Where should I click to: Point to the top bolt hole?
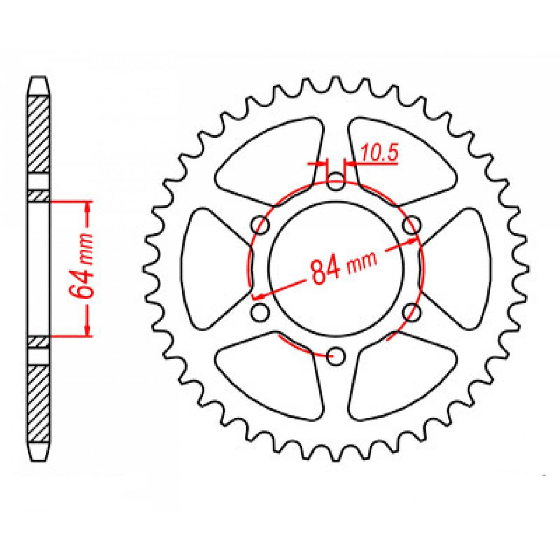click(x=336, y=182)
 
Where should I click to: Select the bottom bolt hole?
click(x=336, y=357)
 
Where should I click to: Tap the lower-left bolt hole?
click(x=260, y=313)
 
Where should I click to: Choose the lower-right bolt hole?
click(x=411, y=313)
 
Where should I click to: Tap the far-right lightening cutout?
click(x=460, y=268)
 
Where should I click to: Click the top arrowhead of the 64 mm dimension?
click(x=88, y=208)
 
